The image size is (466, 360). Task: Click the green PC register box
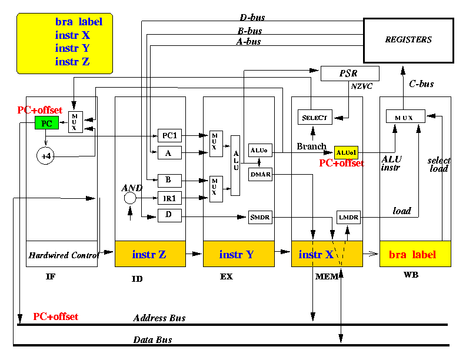(46, 123)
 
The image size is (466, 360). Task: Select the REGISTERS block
(408, 41)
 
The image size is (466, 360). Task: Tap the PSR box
(350, 74)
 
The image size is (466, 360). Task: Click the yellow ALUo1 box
(346, 153)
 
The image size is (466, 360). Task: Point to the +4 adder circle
(45, 156)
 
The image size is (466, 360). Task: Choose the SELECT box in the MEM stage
(315, 117)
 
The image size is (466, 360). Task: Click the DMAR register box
(260, 174)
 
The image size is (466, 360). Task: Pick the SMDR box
(260, 217)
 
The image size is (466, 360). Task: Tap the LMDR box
(348, 217)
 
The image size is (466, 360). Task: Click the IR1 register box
(169, 198)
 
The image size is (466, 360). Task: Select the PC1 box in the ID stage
(169, 136)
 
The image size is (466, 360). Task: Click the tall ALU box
(235, 165)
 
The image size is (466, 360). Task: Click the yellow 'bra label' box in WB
(415, 254)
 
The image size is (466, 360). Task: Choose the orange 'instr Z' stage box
(150, 254)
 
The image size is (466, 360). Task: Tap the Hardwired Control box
(62, 254)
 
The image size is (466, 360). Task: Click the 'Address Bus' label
(159, 318)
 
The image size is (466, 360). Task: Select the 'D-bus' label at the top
(252, 18)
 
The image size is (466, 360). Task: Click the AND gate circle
(130, 198)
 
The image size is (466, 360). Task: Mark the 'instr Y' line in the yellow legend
(72, 48)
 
